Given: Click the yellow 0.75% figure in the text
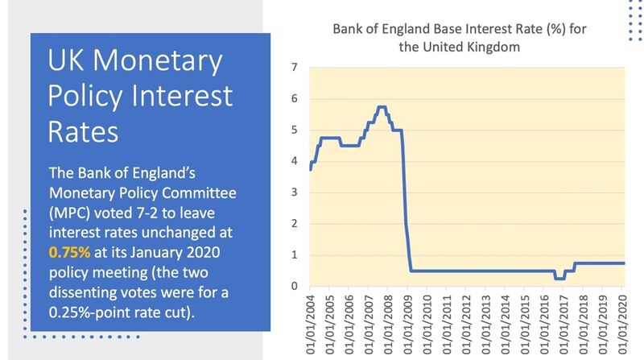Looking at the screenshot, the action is coord(69,252).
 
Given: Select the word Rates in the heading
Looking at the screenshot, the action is coord(83,132).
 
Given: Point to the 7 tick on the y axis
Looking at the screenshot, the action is coord(294,67).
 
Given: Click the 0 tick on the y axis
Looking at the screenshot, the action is coord(294,286).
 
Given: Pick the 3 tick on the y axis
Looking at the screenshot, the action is coord(294,192).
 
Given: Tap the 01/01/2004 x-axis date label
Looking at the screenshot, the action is coord(311,325).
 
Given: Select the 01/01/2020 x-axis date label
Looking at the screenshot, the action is coord(622,325).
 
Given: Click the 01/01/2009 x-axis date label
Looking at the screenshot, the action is coord(408,325).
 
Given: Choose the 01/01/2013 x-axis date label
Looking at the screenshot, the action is coord(486,325).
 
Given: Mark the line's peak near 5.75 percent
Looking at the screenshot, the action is coord(382,107).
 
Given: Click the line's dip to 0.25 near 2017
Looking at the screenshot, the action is coord(559,279).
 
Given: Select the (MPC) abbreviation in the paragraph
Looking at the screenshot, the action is coord(69,213).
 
